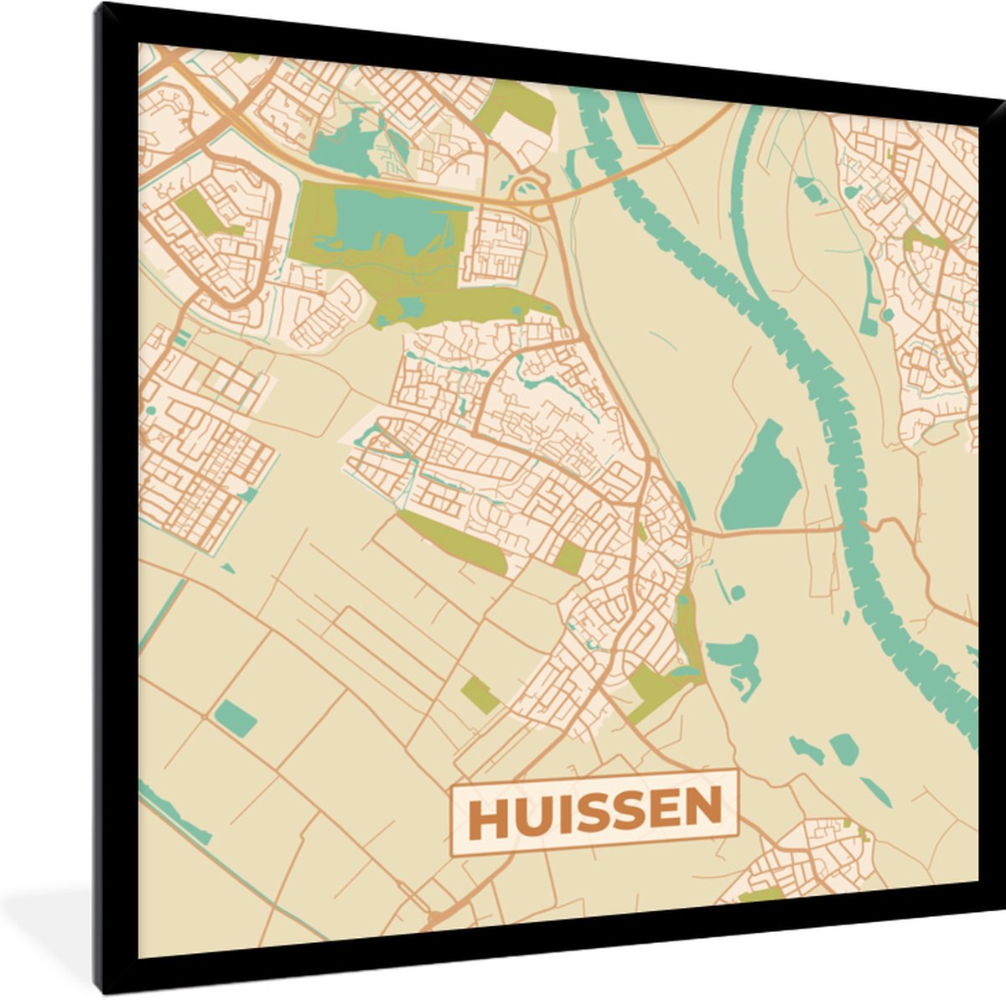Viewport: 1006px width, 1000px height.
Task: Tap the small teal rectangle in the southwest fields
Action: coord(236,718)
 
